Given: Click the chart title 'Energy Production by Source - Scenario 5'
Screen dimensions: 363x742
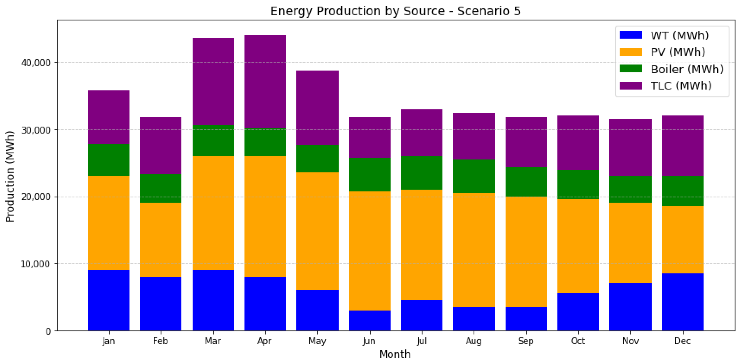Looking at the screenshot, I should (395, 11).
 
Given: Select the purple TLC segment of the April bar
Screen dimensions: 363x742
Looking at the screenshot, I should (265, 82).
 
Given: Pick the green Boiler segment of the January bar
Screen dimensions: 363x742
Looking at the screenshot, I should (108, 160).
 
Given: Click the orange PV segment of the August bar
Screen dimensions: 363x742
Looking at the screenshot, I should (474, 250).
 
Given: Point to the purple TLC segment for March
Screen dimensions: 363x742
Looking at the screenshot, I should (213, 81).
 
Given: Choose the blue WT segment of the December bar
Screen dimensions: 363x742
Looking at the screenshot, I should (682, 302).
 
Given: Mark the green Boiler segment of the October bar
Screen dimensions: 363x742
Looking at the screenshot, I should (578, 184).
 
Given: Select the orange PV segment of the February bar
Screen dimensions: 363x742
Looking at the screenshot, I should (160, 240).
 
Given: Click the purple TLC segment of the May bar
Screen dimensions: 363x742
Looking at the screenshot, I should (317, 108).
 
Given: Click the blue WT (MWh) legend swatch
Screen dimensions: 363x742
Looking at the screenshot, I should (631, 35).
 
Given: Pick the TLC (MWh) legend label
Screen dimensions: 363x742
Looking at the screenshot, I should (681, 86).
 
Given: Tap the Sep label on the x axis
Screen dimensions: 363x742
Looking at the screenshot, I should (526, 341).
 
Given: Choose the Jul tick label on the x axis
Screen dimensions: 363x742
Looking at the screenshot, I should (422, 341).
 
